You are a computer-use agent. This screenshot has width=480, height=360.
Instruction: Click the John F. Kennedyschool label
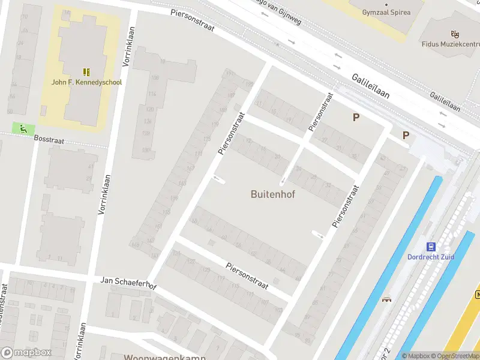tap(86, 82)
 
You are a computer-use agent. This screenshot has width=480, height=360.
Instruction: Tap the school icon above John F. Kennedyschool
tap(86, 71)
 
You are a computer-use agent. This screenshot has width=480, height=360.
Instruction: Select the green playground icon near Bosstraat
tap(23, 128)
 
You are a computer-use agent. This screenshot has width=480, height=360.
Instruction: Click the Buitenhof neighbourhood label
tap(272, 194)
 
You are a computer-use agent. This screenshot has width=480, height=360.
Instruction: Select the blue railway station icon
tap(431, 247)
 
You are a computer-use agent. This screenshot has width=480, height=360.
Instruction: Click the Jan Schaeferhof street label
tap(128, 283)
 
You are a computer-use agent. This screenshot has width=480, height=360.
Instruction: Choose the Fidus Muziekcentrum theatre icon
tap(455, 34)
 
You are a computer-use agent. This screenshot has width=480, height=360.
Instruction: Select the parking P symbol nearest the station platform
tap(406, 136)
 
